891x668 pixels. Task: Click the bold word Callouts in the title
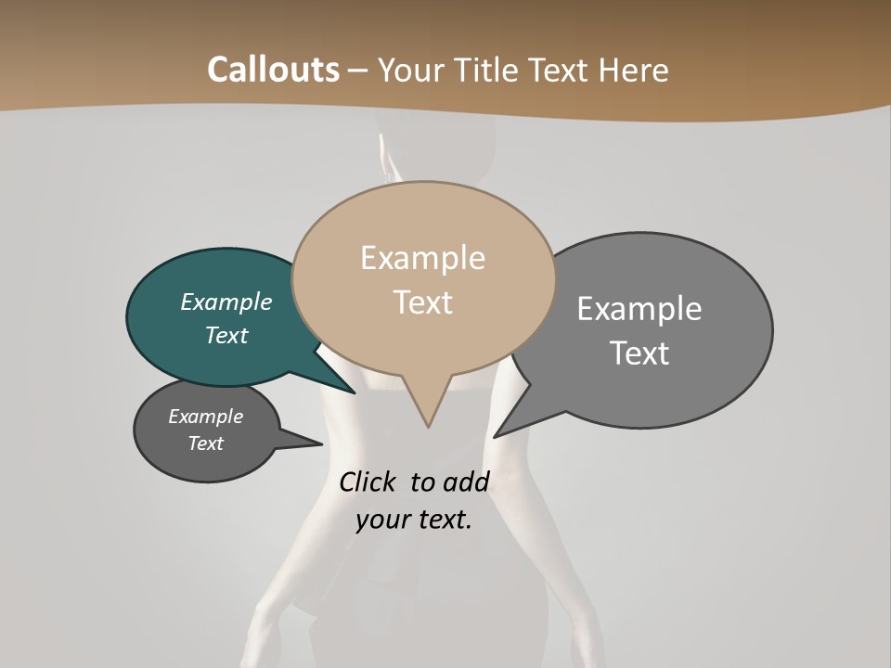click(273, 70)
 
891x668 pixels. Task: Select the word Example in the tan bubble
click(422, 258)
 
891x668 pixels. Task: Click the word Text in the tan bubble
click(422, 302)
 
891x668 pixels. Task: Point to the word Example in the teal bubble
click(226, 302)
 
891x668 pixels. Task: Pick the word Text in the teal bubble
click(226, 335)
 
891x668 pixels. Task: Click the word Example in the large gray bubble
click(639, 308)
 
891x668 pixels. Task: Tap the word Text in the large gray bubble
click(639, 353)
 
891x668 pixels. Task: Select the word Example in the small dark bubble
click(205, 417)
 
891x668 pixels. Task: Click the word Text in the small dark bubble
click(205, 443)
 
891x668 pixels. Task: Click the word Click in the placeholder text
click(368, 482)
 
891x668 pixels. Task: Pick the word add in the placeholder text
click(466, 482)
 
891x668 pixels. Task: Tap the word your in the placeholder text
click(381, 520)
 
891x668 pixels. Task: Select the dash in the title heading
click(358, 70)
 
